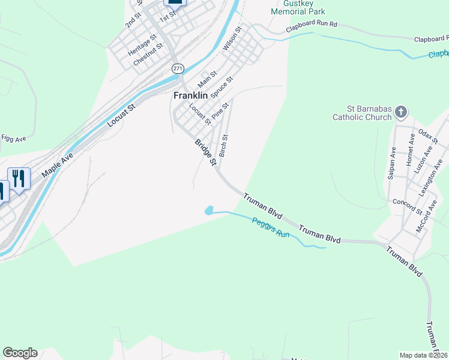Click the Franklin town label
click(190, 95)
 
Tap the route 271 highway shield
click(178, 68)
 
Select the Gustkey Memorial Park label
click(298, 7)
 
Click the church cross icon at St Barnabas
click(402, 112)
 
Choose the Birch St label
click(223, 146)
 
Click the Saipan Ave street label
click(391, 163)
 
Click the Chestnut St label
click(148, 55)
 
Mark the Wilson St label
click(232, 38)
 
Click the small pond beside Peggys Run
click(209, 211)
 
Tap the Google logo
click(20, 353)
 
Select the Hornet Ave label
click(411, 150)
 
